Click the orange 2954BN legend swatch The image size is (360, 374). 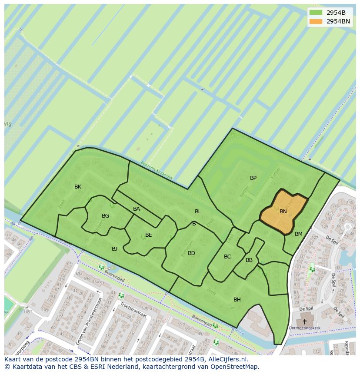[x=316, y=21]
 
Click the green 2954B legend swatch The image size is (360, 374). [x=316, y=12]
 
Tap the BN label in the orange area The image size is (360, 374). [x=283, y=212]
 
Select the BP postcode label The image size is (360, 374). [x=253, y=178]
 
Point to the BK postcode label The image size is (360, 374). [x=78, y=187]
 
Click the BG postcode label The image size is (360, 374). [x=105, y=216]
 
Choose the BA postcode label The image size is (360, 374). [x=137, y=209]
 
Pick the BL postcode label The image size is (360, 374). [x=198, y=212]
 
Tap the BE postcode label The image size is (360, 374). [x=149, y=235]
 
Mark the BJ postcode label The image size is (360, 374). [x=114, y=249]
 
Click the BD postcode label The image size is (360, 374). [x=191, y=253]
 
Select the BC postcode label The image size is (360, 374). [x=227, y=257]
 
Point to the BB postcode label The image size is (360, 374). [x=249, y=260]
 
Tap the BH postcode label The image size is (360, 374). [x=237, y=300]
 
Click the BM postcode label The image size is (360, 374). [x=298, y=234]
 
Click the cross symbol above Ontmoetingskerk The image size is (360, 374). [x=304, y=322]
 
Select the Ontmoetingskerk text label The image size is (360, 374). [x=304, y=328]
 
